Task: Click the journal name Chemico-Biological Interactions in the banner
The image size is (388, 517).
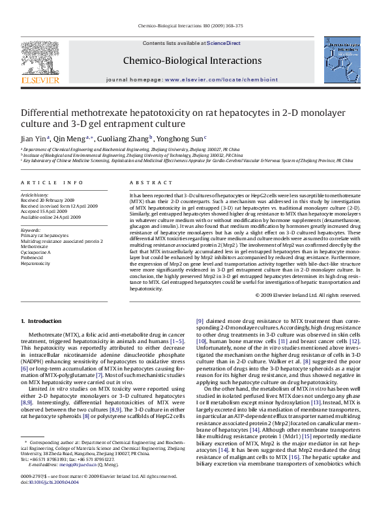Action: click(x=194, y=61)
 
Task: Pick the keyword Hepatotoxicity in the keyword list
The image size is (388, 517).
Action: click(x=36, y=263)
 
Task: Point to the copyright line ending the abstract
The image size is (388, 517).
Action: click(x=299, y=295)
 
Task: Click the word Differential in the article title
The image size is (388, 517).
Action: click(x=48, y=112)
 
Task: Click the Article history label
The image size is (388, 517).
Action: click(x=34, y=195)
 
